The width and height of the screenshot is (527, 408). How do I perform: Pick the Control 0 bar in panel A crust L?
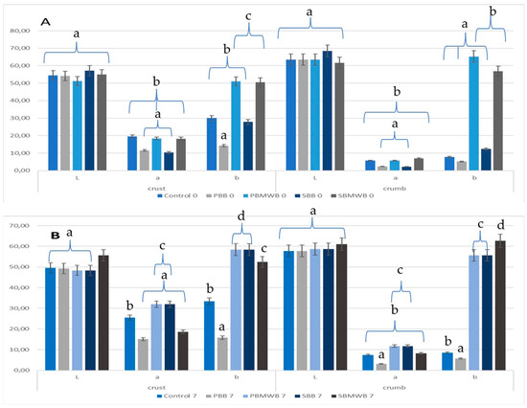tap(53, 123)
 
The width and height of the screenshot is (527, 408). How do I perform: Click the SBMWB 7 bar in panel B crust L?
tap(103, 312)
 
